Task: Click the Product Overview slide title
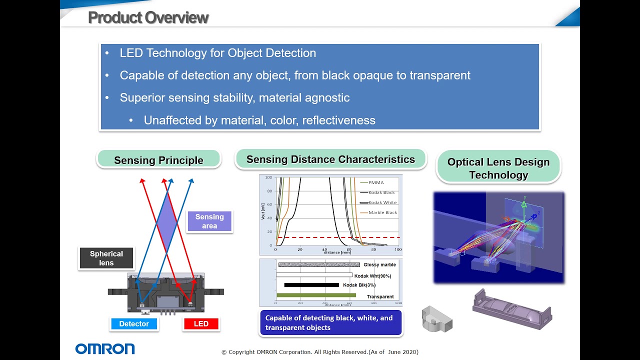pyautogui.click(x=148, y=17)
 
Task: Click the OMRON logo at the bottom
pyautogui.click(x=105, y=348)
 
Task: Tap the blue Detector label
pyautogui.click(x=134, y=324)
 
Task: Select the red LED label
pyautogui.click(x=201, y=324)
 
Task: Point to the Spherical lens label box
pyautogui.click(x=106, y=258)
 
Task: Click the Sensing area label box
pyautogui.click(x=209, y=221)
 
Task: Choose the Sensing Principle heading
pyautogui.click(x=158, y=160)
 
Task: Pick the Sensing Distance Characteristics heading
pyautogui.click(x=330, y=159)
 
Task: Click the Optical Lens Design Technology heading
pyautogui.click(x=498, y=168)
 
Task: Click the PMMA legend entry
pyautogui.click(x=375, y=182)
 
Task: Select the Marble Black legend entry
pyautogui.click(x=382, y=212)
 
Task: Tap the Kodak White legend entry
pyautogui.click(x=382, y=202)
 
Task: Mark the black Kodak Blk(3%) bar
pyautogui.click(x=311, y=285)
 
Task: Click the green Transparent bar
pyautogui.click(x=316, y=295)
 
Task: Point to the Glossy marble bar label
pyautogui.click(x=379, y=265)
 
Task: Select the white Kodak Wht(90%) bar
pyautogui.click(x=314, y=275)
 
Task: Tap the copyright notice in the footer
pyautogui.click(x=320, y=352)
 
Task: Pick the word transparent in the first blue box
pyautogui.click(x=440, y=75)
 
